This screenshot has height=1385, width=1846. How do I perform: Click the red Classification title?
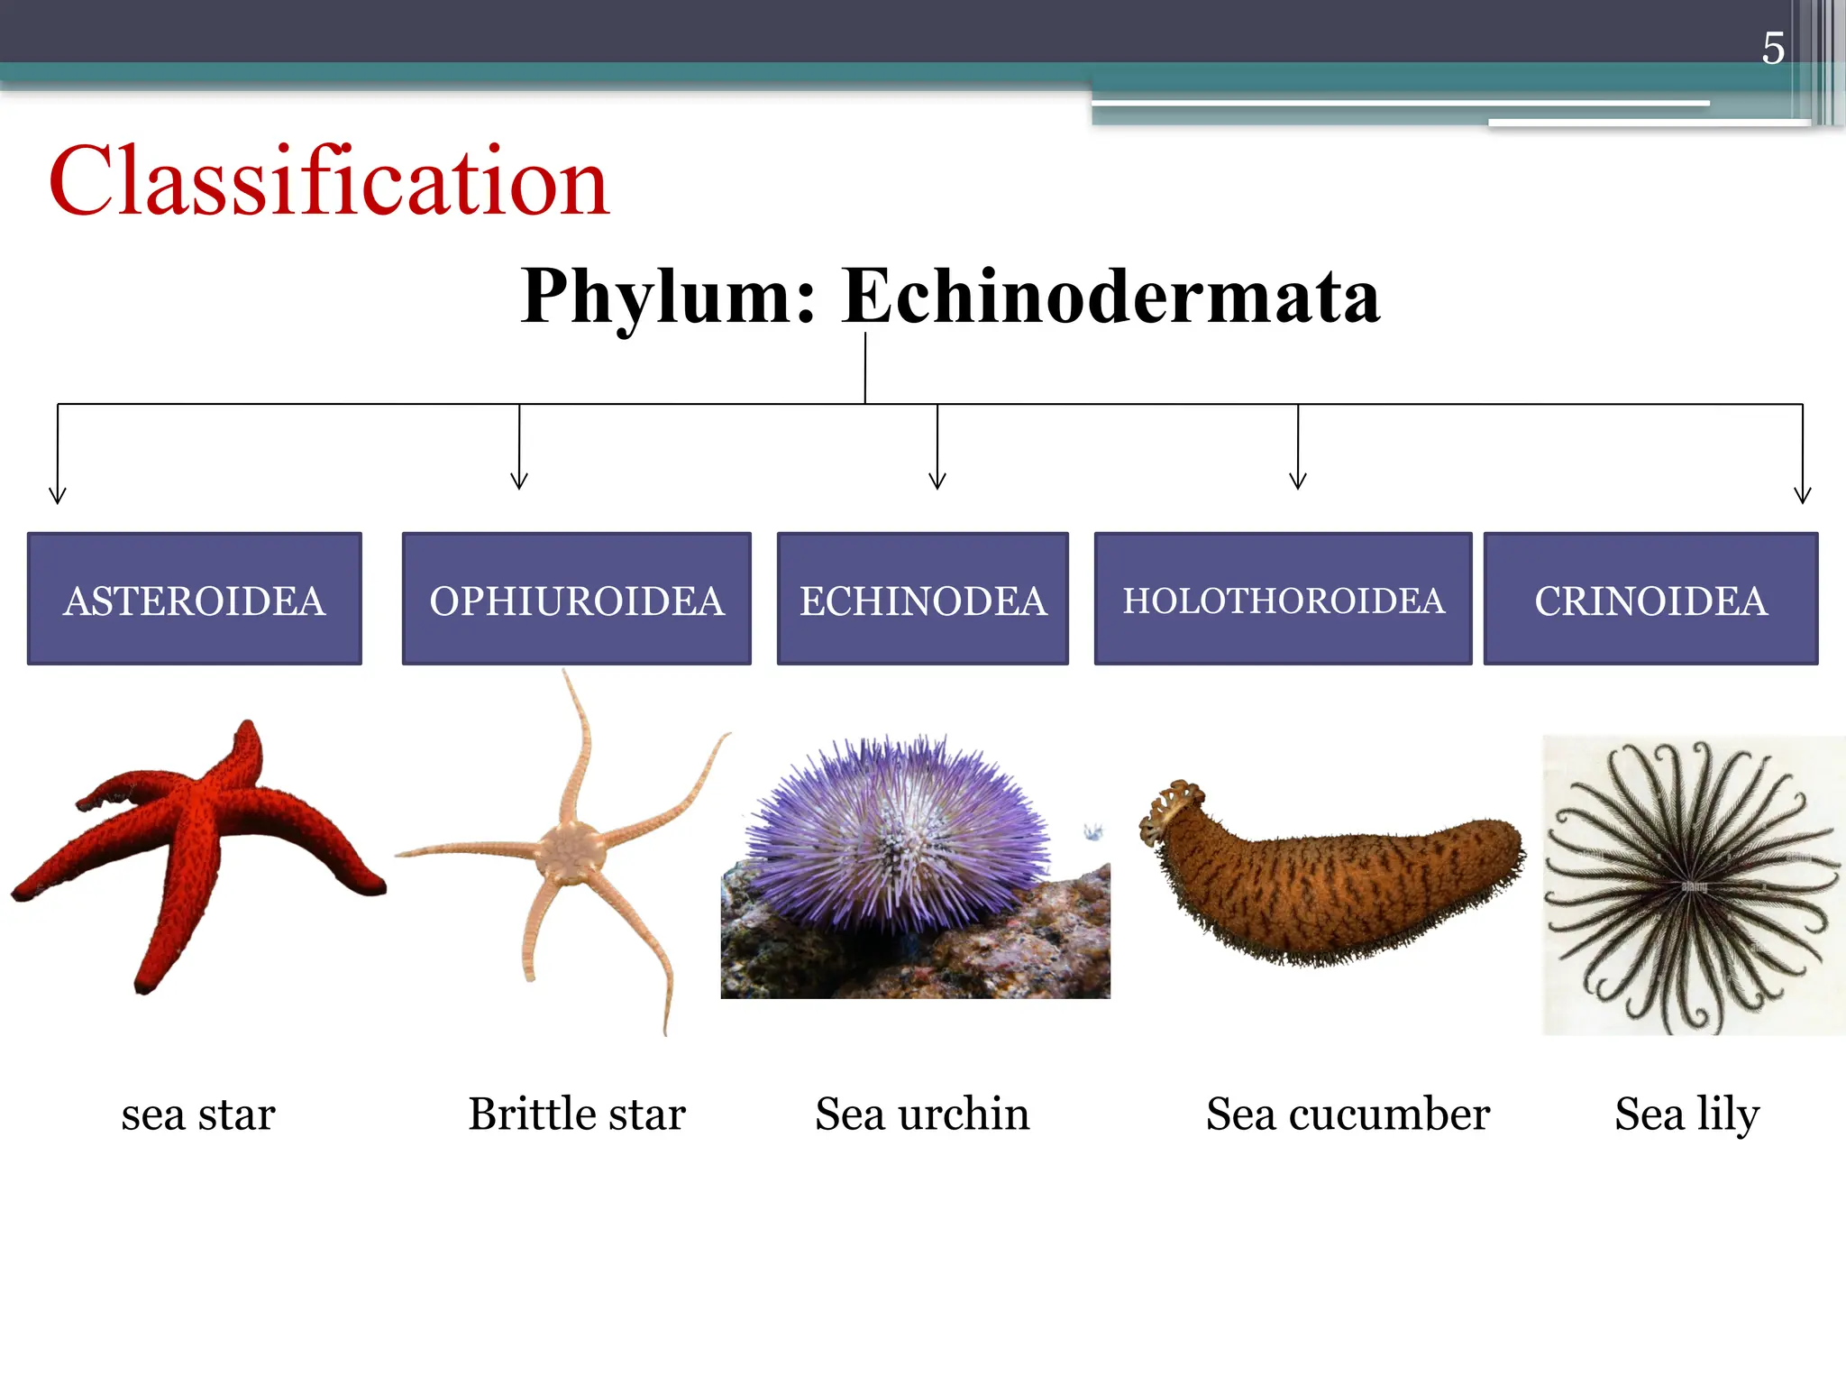tap(329, 182)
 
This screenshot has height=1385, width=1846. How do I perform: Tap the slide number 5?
tap(1772, 49)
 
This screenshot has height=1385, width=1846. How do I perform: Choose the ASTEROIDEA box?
tap(195, 600)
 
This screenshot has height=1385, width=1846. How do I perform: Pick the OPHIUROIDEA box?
tap(577, 600)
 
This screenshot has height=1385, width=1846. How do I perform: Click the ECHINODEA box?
tap(923, 600)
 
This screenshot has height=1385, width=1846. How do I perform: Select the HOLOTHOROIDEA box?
tap(1283, 600)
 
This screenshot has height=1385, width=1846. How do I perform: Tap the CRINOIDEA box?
tap(1650, 600)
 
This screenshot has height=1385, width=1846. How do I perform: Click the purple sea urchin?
tap(897, 834)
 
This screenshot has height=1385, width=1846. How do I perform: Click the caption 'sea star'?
tap(198, 1114)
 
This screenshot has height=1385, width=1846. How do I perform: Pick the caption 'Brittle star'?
tap(577, 1114)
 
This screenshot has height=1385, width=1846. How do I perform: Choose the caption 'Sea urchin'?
tap(922, 1114)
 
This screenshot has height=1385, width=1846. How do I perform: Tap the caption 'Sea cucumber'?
tap(1348, 1114)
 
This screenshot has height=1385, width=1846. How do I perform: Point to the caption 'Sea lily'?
tap(1686, 1114)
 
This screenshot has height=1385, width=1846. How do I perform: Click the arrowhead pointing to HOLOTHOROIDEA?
tap(1298, 481)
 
